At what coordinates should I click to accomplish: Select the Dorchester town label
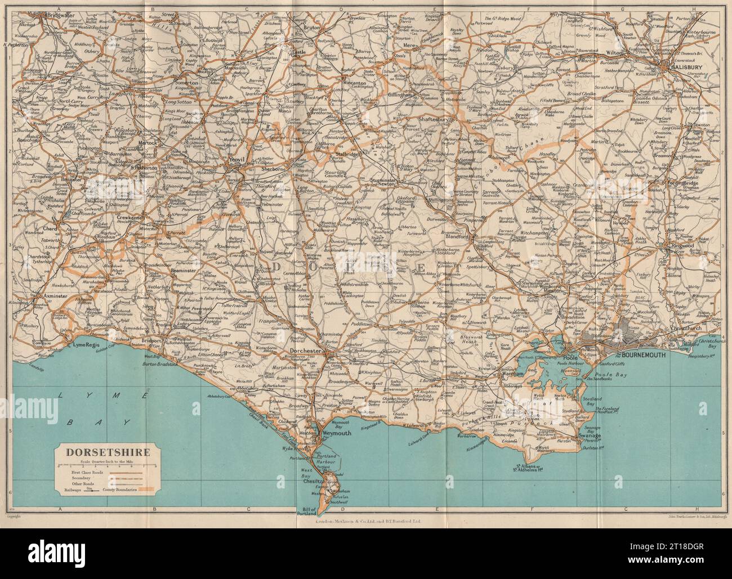coord(305,351)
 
